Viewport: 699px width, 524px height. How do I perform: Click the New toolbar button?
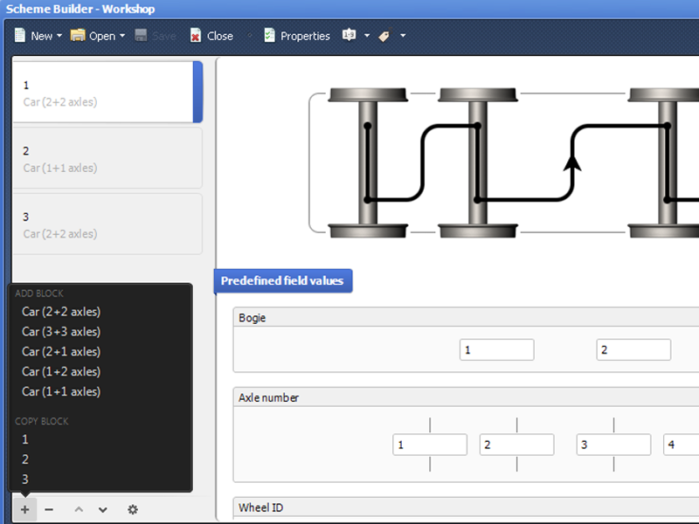[38, 36]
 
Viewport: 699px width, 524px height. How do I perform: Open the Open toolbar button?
[98, 36]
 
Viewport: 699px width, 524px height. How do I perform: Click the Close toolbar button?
[211, 36]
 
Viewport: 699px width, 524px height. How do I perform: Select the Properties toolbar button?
[297, 36]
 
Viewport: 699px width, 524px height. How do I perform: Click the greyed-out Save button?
[156, 36]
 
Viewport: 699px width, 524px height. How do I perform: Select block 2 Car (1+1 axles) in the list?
[107, 158]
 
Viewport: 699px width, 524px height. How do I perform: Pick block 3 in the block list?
[107, 224]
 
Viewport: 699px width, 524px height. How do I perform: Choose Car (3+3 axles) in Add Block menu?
[61, 332]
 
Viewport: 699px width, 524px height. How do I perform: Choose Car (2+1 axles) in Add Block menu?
[61, 352]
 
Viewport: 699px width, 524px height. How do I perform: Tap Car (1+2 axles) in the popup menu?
[61, 372]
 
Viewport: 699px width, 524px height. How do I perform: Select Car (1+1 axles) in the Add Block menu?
[61, 391]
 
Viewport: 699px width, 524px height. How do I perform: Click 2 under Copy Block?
[25, 459]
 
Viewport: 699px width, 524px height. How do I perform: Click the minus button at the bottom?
[49, 509]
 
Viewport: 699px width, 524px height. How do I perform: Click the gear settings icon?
[133, 509]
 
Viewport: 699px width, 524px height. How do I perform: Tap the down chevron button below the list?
[103, 510]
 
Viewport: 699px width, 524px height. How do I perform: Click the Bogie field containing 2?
[633, 350]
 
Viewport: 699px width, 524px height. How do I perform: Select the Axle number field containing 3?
[613, 445]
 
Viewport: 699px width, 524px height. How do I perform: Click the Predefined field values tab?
[283, 280]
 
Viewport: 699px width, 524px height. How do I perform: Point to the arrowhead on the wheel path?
[572, 162]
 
